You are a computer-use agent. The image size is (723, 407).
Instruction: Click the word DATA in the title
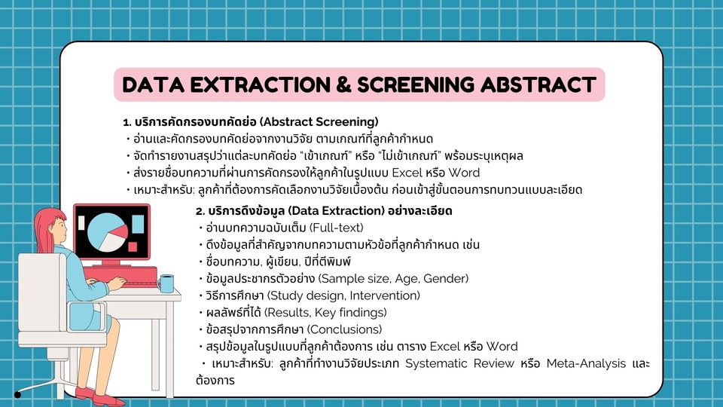(154, 84)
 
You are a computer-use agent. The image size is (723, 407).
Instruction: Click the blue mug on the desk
(166, 283)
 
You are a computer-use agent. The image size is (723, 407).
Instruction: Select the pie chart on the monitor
(105, 231)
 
